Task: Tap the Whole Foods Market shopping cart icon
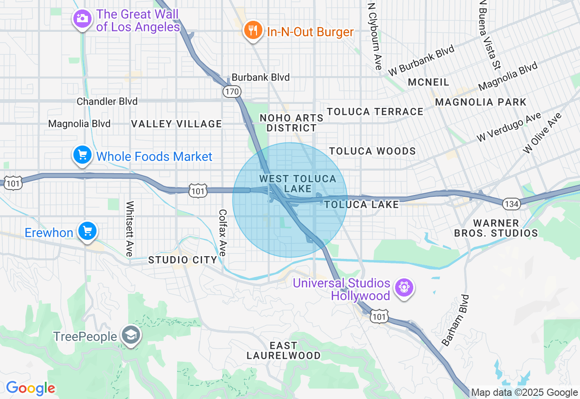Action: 82,156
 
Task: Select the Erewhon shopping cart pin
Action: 87,231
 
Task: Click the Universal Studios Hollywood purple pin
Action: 403,288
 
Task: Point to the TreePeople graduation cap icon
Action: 131,336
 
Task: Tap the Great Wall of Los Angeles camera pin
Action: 82,19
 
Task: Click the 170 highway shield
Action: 231,92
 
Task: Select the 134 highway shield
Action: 511,204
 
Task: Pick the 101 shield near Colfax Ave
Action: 198,191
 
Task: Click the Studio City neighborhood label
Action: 183,260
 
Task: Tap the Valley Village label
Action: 176,124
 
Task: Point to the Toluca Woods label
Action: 372,151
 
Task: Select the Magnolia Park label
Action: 481,102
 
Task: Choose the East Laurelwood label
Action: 284,350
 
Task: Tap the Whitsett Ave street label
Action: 130,229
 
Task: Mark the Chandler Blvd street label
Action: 107,102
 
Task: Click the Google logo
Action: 30,388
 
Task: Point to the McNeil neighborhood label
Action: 429,82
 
